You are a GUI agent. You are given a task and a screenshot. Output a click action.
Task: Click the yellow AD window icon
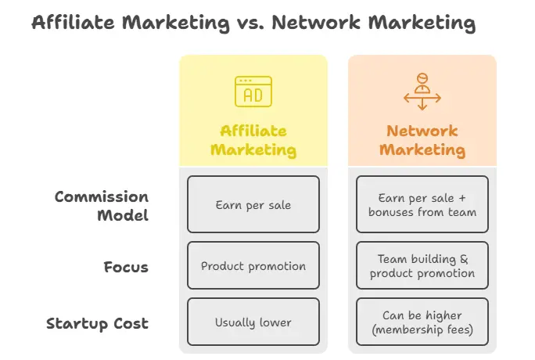coord(253,92)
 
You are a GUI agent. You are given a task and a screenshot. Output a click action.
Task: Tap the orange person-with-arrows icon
coord(422,92)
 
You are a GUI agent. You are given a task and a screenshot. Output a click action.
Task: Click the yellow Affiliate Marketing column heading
coord(253,140)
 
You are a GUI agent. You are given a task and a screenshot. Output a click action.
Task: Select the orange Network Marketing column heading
coord(422,140)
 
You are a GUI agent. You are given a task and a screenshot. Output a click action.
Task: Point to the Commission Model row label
coord(102,206)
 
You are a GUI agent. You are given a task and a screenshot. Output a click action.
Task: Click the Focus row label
coord(126,267)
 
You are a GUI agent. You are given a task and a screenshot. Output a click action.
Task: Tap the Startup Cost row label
coord(98,323)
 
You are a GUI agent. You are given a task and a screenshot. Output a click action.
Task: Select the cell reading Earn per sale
coord(253,204)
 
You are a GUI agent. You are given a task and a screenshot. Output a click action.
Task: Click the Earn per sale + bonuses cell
coord(422,204)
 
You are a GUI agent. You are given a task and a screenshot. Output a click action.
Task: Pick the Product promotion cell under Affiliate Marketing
coord(253,265)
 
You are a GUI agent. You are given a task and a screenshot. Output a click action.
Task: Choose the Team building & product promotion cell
coord(422,265)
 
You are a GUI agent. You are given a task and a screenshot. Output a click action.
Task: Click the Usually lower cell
coord(253,322)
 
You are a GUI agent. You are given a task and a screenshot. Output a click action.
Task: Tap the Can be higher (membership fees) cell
coord(422,322)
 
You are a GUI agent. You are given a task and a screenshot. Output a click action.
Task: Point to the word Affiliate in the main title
coord(73,23)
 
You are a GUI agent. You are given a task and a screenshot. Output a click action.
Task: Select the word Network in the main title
coord(316,23)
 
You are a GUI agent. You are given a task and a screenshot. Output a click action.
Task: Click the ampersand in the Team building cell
coord(464,259)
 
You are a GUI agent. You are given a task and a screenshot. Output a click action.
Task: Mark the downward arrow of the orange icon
coord(422,104)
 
